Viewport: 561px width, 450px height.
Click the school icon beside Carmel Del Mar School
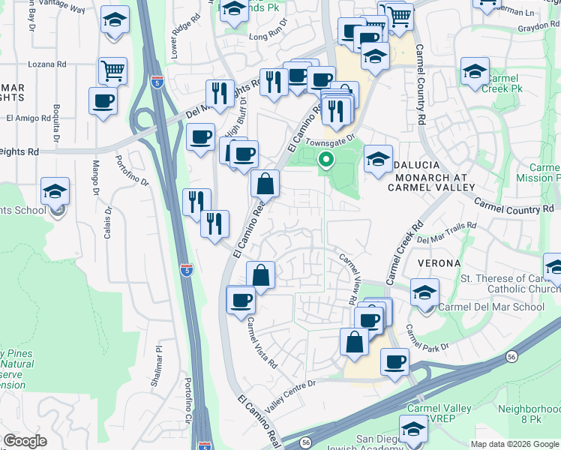point(424,292)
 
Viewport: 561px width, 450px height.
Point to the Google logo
point(25,441)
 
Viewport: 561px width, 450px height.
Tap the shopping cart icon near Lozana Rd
point(112,71)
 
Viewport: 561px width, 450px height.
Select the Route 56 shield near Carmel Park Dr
point(511,356)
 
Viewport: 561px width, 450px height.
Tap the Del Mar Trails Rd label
point(447,232)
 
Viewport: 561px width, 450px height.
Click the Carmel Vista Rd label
point(262,342)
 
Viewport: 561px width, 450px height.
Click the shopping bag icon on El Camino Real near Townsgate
point(265,183)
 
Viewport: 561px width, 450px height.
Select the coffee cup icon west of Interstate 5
point(103,100)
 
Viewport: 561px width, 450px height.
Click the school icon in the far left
point(55,191)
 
